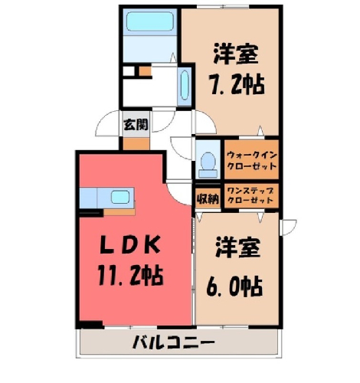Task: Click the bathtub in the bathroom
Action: [150, 21]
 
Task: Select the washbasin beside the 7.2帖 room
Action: [185, 87]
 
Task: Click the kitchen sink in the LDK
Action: [120, 197]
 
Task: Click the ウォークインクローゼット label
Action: [252, 161]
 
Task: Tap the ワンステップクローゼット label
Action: [250, 195]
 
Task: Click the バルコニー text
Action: [173, 342]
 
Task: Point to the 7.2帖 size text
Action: [237, 84]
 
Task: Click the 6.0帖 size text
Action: [234, 286]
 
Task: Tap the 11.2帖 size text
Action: [130, 276]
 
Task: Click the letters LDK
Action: [130, 244]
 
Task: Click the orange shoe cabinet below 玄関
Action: [136, 144]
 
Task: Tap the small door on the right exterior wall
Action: [288, 228]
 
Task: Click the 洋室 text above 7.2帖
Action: [236, 54]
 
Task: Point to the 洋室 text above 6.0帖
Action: [237, 247]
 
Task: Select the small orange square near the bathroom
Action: [145, 71]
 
